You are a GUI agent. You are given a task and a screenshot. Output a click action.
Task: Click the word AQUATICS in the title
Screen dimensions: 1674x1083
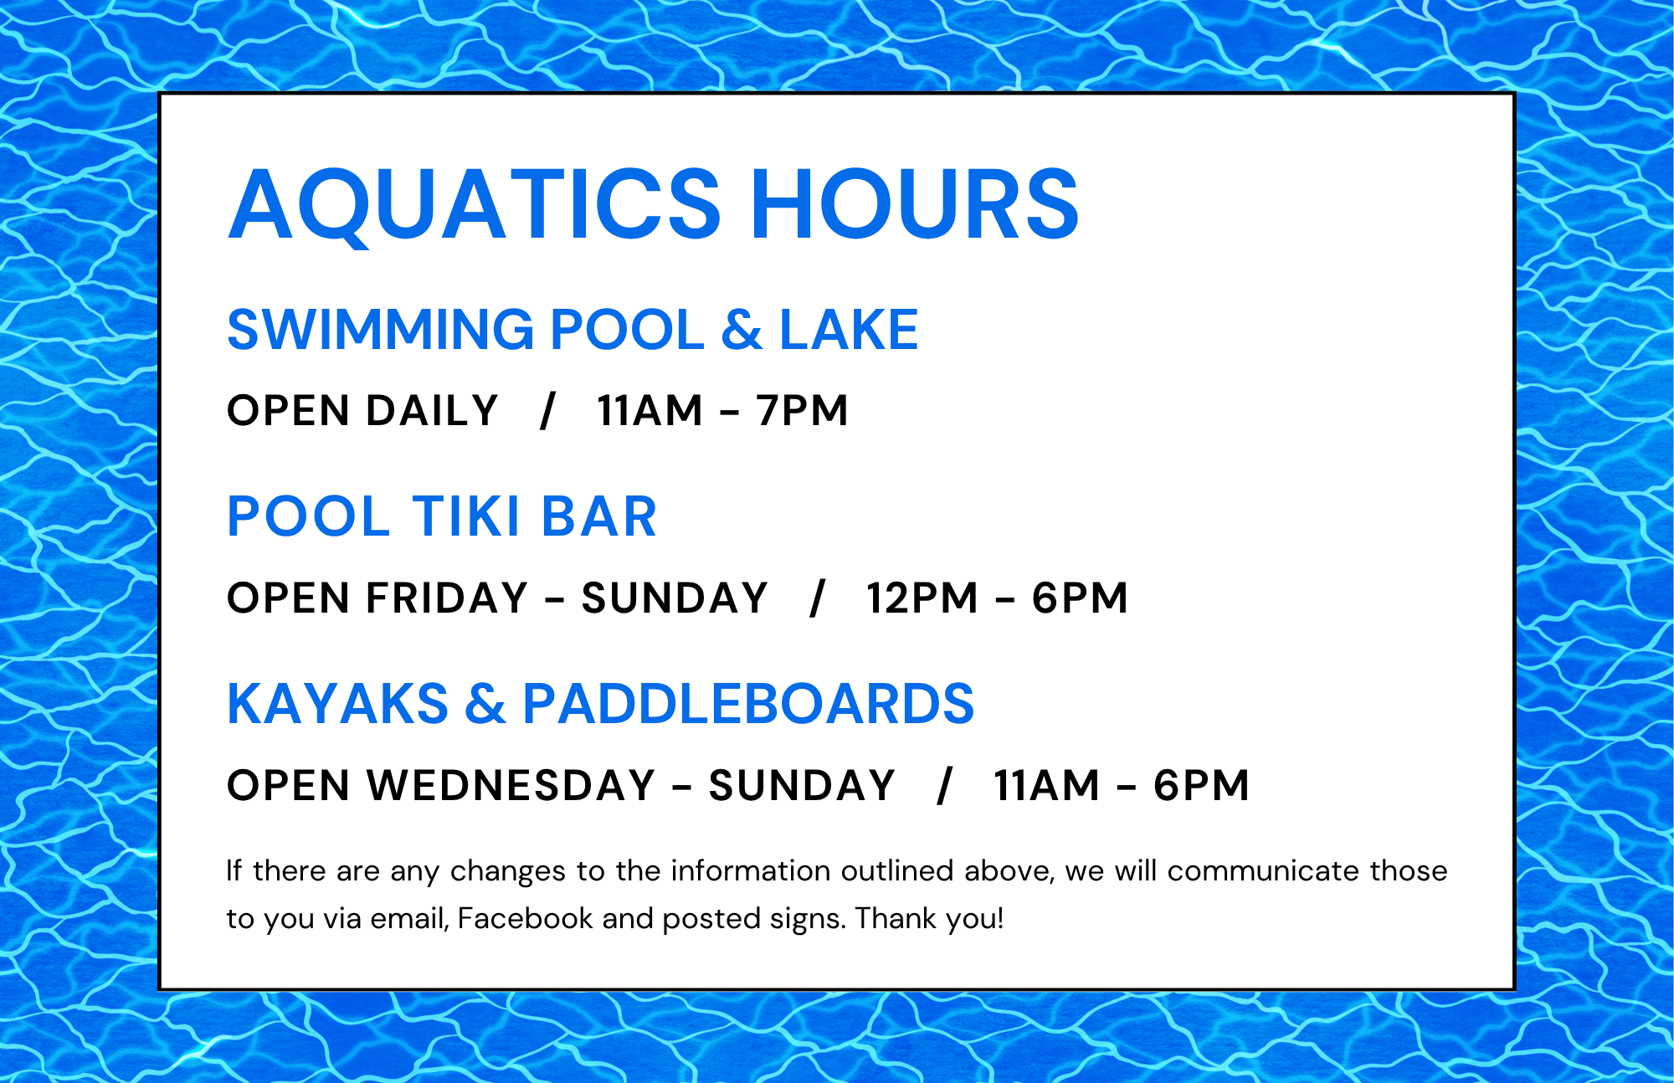[475, 205]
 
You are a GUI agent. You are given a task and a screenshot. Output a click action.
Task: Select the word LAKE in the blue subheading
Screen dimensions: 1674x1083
[849, 329]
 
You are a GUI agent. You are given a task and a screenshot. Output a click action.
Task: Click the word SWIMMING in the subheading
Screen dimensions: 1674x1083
[381, 329]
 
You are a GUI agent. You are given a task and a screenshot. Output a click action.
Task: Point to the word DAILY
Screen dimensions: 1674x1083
[432, 411]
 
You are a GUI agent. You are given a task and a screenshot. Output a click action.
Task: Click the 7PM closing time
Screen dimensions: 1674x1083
[802, 411]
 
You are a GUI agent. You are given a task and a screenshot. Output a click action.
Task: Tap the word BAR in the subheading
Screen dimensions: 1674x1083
[599, 516]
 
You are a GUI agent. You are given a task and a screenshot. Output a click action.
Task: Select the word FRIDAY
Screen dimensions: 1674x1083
[447, 598]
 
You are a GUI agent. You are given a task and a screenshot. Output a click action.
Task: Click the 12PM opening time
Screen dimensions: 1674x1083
[922, 598]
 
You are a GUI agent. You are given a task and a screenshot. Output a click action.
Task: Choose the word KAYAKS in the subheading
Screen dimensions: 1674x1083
[338, 703]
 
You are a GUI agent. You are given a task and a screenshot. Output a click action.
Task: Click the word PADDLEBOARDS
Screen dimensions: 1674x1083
[748, 703]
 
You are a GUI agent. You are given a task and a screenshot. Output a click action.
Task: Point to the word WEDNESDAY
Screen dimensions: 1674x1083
[511, 786]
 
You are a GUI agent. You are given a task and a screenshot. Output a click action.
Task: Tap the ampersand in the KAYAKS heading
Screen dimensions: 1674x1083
[485, 703]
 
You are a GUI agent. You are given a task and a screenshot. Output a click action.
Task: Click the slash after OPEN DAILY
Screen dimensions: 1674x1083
[547, 411]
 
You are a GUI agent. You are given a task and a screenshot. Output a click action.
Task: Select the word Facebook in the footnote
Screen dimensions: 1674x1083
[525, 918]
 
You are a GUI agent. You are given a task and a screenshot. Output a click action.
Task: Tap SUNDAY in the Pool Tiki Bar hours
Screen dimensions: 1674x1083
[674, 598]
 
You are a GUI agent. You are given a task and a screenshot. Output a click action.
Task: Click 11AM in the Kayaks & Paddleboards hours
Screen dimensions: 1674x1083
[1046, 786]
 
